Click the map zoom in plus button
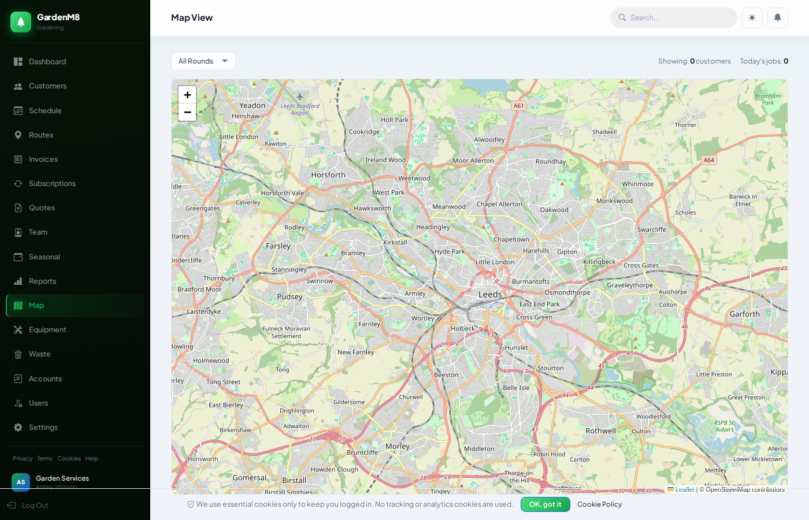point(187,95)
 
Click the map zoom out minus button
point(187,112)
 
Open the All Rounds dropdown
point(203,61)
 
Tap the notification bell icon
point(777,18)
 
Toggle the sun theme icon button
point(752,18)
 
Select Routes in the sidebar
point(41,135)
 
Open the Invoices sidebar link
point(43,159)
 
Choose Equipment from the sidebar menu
point(47,330)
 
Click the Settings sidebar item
point(43,428)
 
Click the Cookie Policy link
point(599,504)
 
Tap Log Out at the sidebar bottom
point(35,506)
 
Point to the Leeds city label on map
point(490,295)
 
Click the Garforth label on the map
point(744,314)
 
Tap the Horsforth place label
point(328,175)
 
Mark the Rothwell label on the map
point(600,431)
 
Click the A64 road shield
point(709,160)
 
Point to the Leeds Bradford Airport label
point(300,109)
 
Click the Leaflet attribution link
point(684,489)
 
